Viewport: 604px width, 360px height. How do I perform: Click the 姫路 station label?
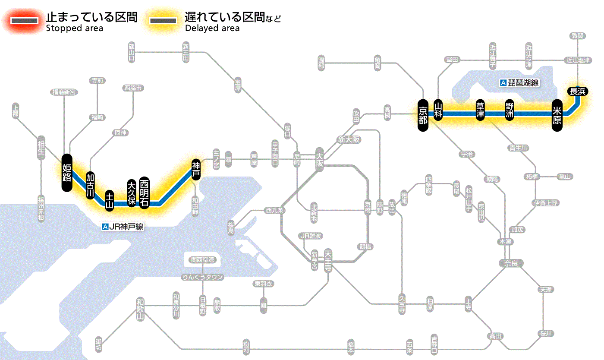coord(67,172)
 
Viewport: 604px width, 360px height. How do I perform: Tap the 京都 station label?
coord(423,114)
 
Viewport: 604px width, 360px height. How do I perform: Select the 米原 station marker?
coord(557,114)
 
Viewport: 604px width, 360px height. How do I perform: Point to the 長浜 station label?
coord(577,91)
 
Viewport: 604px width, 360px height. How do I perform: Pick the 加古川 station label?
coord(90,185)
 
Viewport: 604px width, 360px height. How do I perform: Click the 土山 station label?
coord(110,200)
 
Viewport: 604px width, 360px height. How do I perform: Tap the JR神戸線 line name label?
coord(123,227)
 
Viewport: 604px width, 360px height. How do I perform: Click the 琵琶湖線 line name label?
coord(519,83)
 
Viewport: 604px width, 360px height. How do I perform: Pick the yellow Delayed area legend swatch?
coord(163,21)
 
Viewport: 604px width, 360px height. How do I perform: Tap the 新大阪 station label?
coord(349,140)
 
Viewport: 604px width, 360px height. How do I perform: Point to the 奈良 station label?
coord(510,263)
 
